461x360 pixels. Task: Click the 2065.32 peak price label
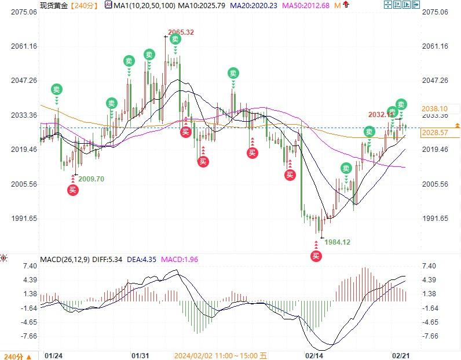tap(181, 32)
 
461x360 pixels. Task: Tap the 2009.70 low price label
tap(92, 179)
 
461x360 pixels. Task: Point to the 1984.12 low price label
tap(337, 242)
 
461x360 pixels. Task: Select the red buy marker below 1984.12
tap(316, 256)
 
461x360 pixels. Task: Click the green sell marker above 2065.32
tap(175, 39)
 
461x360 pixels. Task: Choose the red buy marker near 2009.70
tap(72, 190)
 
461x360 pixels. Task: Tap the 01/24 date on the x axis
tap(53, 355)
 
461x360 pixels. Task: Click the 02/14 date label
tap(314, 355)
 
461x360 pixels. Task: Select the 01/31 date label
tap(142, 355)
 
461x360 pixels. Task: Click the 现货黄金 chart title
tap(53, 5)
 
